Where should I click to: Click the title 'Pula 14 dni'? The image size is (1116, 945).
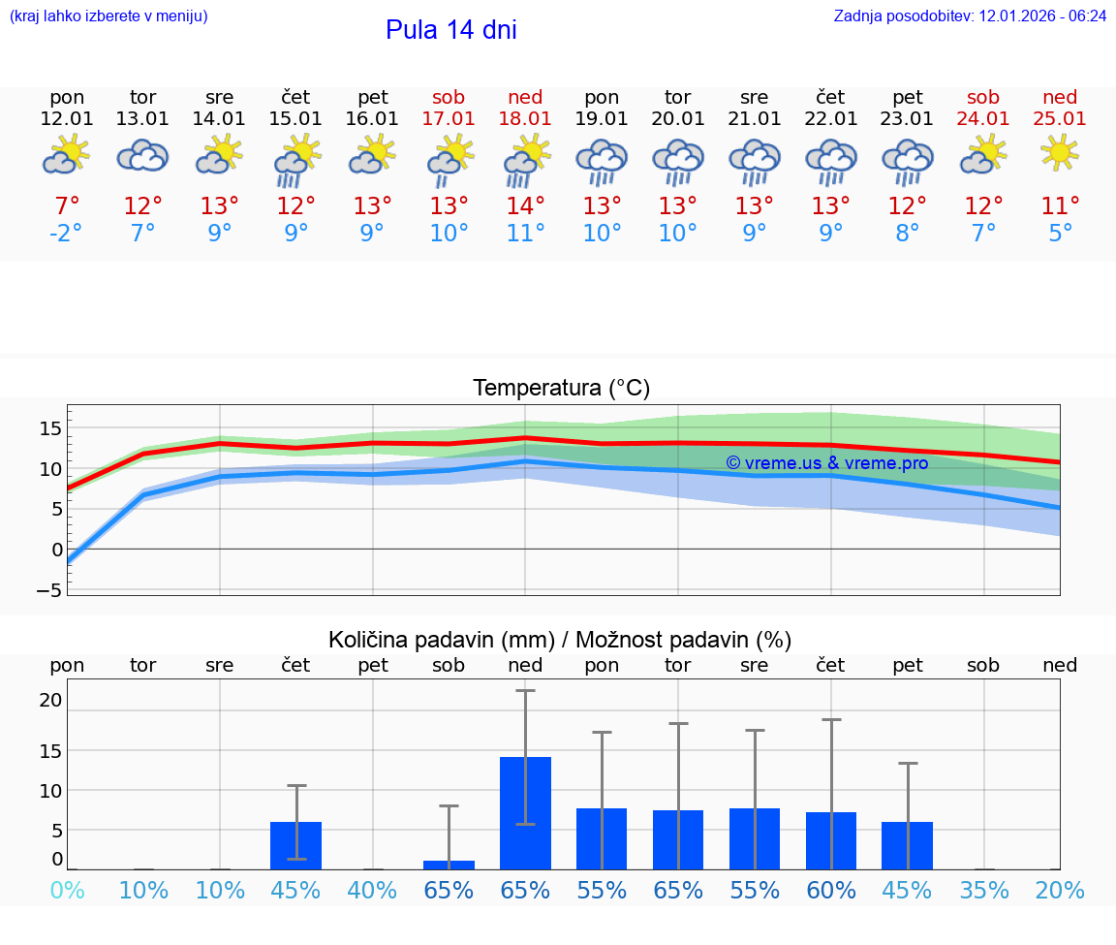(x=450, y=30)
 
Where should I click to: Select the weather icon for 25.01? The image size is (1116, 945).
(x=1060, y=152)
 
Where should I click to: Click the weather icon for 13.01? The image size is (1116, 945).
(x=142, y=155)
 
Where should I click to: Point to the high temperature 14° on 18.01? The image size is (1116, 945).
(x=525, y=206)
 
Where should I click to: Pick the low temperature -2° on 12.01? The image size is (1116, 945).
(x=67, y=234)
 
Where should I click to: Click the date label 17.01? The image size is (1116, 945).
(x=449, y=119)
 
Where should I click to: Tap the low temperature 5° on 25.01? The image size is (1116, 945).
(x=1060, y=234)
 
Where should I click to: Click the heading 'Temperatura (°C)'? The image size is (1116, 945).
(x=561, y=389)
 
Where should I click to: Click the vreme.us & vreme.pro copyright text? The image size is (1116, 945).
(x=826, y=463)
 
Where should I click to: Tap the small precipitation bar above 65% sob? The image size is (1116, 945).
(x=449, y=865)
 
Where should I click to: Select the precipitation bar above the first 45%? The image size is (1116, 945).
(x=295, y=845)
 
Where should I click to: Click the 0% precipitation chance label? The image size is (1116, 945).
(x=67, y=890)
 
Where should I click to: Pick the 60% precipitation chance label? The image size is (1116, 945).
(x=830, y=890)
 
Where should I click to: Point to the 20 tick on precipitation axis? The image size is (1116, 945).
(x=51, y=700)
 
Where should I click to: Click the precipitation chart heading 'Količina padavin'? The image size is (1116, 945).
(x=560, y=640)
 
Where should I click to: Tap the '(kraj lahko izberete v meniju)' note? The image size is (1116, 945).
(x=108, y=16)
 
